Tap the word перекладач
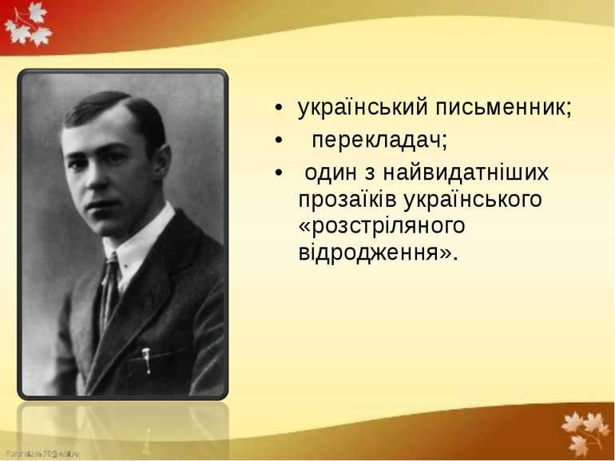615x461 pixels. click(x=379, y=140)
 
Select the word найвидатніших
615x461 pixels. click(x=466, y=172)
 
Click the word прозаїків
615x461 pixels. click(x=347, y=199)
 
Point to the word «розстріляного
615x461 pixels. click(x=382, y=226)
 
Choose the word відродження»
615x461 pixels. click(x=378, y=252)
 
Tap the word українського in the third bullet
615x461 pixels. click(x=473, y=199)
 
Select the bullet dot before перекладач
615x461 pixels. click(x=279, y=141)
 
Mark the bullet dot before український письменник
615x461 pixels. click(x=279, y=108)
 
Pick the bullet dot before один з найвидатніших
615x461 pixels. click(x=279, y=173)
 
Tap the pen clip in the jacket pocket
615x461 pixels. click(x=146, y=360)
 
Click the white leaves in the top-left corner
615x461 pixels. click(x=28, y=24)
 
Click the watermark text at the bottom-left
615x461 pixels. click(x=42, y=454)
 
